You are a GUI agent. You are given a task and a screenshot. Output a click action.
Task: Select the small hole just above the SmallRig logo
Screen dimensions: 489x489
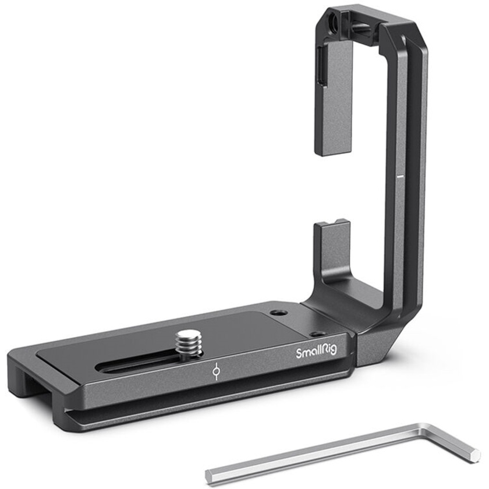[318, 334]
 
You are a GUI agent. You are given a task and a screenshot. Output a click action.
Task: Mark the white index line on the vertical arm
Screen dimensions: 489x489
[399, 173]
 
